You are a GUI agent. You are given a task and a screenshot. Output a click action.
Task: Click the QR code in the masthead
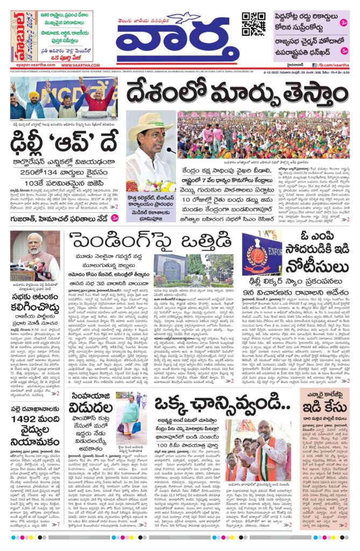coord(253,24)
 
